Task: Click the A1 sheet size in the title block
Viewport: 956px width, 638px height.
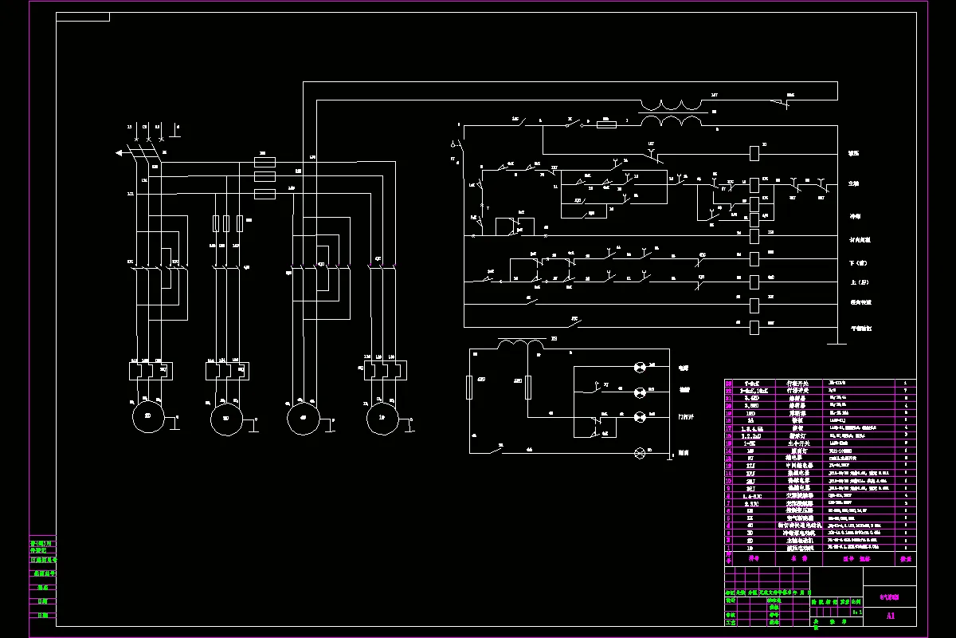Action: click(891, 616)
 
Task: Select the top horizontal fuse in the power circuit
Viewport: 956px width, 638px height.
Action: click(264, 162)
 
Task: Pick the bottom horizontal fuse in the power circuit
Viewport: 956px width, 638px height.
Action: click(264, 194)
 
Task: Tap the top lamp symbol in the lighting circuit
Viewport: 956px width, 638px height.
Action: click(639, 368)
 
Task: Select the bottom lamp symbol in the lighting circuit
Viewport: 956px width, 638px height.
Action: click(639, 453)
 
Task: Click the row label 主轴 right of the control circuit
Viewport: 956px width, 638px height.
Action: click(854, 183)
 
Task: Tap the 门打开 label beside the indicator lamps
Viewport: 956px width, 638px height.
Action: click(685, 417)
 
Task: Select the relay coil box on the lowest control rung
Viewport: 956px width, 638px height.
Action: click(754, 326)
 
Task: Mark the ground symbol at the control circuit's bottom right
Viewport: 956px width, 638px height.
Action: click(836, 345)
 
